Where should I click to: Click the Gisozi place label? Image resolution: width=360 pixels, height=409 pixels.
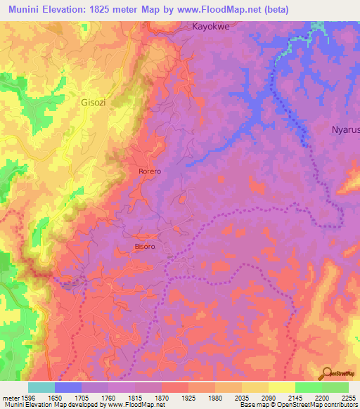pyautogui.click(x=89, y=102)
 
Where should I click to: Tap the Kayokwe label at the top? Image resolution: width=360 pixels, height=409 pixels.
pyautogui.click(x=212, y=26)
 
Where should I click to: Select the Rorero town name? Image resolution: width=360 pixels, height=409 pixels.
pyautogui.click(x=150, y=171)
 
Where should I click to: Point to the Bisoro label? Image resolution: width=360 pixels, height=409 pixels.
pyautogui.click(x=144, y=247)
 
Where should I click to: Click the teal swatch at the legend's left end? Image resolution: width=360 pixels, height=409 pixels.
pyautogui.click(x=41, y=387)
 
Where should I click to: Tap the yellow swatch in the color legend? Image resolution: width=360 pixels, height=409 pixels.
pyautogui.click(x=281, y=387)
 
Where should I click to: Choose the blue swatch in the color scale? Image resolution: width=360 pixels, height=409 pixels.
pyautogui.click(x=68, y=387)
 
